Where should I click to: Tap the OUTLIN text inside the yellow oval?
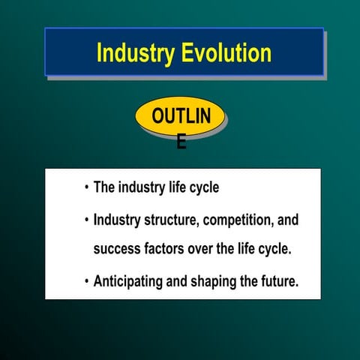(x=180, y=116)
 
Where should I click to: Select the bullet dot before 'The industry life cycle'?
(x=86, y=188)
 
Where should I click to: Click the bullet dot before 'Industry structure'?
(x=86, y=221)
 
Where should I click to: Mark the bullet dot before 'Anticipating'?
(x=86, y=283)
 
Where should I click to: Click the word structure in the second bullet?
(x=172, y=220)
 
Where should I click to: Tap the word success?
(x=116, y=249)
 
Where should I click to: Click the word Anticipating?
(x=130, y=283)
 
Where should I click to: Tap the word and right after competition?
(x=288, y=220)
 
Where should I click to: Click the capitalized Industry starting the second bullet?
(x=118, y=220)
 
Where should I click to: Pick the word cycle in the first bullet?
(x=203, y=188)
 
